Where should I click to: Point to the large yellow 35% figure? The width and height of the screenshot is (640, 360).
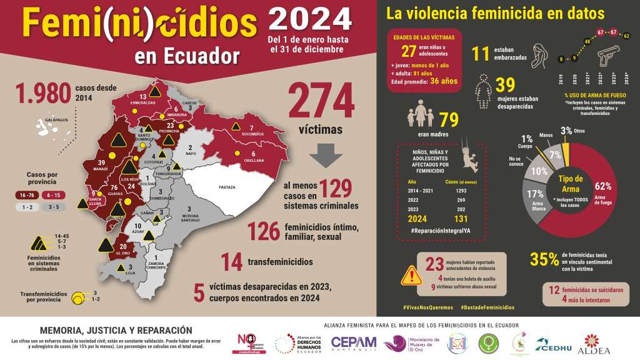(x=543, y=259)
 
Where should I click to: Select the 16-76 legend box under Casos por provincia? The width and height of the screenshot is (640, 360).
(x=27, y=194)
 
